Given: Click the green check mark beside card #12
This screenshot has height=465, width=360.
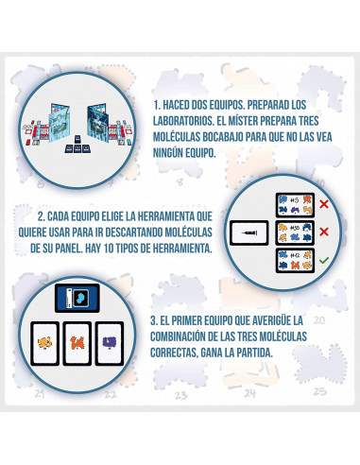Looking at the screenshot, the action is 323,260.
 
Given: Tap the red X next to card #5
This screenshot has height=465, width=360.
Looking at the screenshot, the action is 324,204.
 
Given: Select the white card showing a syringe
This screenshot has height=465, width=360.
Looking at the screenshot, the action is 249,232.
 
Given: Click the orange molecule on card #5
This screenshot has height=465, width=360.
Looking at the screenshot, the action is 307,199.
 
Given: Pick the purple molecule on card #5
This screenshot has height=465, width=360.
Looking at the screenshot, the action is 295,210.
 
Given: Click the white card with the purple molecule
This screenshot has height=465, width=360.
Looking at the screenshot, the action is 110,343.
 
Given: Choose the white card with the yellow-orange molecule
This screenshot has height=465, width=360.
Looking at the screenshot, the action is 44,343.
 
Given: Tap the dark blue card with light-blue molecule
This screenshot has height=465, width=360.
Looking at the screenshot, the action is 77,298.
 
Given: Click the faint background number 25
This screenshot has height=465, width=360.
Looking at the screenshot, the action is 319,391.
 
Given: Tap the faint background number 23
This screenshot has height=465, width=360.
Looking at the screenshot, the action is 180,395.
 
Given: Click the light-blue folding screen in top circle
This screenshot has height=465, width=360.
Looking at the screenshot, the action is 59,123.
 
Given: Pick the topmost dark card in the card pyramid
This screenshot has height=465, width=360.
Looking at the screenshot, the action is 77,139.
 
